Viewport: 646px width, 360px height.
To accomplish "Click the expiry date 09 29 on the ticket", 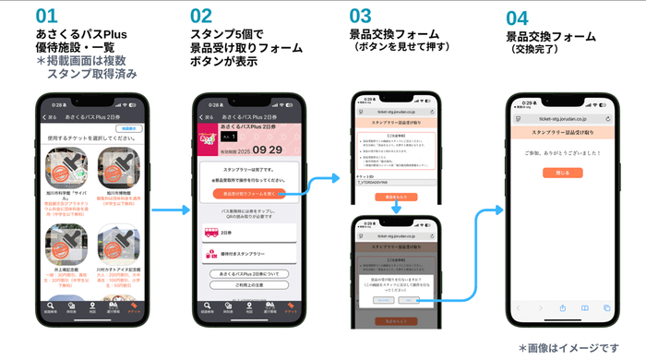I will point(268,149).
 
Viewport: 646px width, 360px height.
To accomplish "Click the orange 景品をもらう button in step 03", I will point(395,197).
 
